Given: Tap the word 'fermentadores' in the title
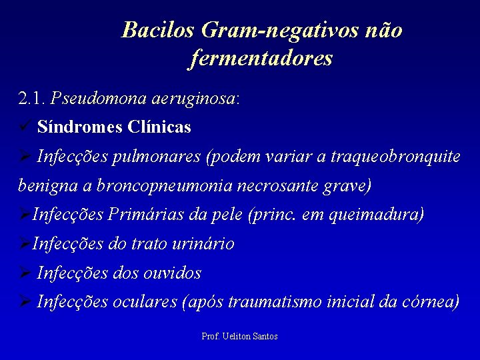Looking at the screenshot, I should point(261,59).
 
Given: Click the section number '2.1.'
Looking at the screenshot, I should point(32,99).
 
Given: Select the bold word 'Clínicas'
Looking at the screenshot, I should point(161,127).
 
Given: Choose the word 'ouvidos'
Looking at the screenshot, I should point(173,273).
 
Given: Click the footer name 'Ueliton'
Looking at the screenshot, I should point(236,337).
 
